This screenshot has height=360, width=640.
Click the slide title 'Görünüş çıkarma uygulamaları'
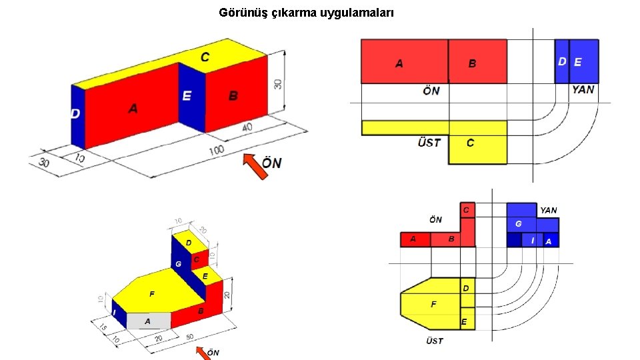pyautogui.click(x=306, y=12)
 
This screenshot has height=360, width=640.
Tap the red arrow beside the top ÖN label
pyautogui.click(x=254, y=166)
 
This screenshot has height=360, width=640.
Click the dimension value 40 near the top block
pyautogui.click(x=247, y=128)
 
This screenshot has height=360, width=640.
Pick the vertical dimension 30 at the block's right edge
pyautogui.click(x=277, y=84)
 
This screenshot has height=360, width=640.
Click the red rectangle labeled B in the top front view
pyautogui.click(x=477, y=61)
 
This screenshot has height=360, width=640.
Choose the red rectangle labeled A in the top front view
pyautogui.click(x=404, y=61)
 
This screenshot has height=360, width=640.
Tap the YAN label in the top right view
pyautogui.click(x=583, y=90)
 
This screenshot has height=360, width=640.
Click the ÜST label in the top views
pyautogui.click(x=429, y=143)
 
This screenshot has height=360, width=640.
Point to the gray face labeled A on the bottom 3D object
pyautogui.click(x=148, y=321)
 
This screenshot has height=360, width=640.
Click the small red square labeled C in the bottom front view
pyautogui.click(x=467, y=210)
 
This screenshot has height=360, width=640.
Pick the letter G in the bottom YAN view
pyautogui.click(x=518, y=223)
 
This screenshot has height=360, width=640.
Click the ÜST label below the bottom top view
pyautogui.click(x=435, y=341)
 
